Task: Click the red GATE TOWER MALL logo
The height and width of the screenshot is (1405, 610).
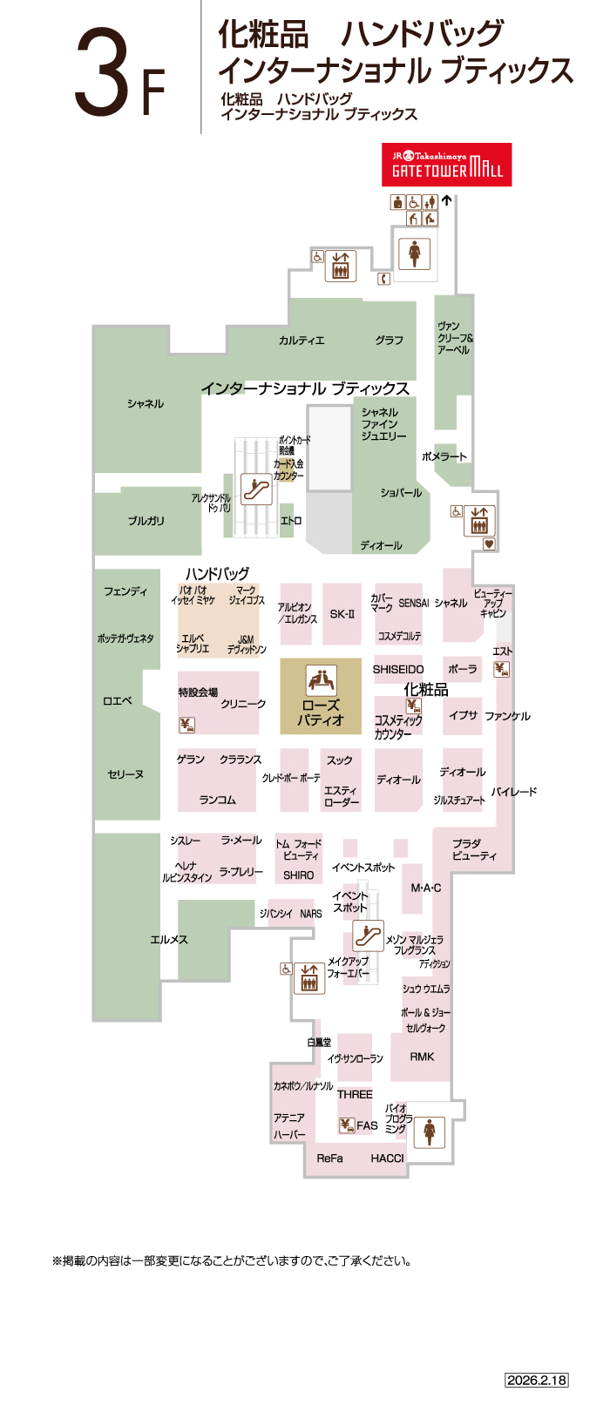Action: [446, 165]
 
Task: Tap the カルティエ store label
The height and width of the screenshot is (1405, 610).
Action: [302, 341]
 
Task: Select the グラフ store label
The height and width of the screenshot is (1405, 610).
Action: [390, 341]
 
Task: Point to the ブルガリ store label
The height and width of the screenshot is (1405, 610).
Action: [146, 521]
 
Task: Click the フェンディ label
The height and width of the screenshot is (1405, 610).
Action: [125, 592]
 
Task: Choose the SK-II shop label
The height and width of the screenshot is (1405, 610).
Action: [342, 614]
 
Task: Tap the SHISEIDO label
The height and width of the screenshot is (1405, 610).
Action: [398, 670]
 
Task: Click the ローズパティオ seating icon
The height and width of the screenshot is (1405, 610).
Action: [321, 679]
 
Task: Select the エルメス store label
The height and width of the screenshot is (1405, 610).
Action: [169, 940]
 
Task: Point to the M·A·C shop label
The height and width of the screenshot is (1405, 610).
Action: [426, 888]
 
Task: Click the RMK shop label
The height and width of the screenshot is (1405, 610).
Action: [423, 1057]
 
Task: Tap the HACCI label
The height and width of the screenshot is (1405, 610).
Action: [387, 1158]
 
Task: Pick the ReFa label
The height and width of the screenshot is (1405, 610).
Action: [329, 1158]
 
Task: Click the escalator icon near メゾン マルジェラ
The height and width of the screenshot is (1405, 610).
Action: [369, 936]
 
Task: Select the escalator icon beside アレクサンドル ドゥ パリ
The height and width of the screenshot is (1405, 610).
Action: [256, 490]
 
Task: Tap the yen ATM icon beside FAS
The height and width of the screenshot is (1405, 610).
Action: [347, 1125]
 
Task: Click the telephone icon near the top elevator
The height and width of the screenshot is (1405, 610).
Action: [383, 279]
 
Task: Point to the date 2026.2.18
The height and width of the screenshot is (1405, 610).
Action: [536, 1380]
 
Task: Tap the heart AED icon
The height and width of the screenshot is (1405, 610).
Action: [489, 544]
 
